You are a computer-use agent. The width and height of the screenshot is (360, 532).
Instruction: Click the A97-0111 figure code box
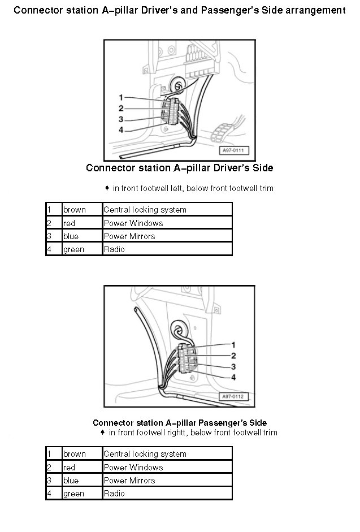233,151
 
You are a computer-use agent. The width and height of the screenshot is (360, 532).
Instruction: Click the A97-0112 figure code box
232,396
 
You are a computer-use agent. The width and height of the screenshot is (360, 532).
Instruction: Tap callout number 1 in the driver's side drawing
121,97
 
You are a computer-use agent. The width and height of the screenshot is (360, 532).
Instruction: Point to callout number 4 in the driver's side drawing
121,130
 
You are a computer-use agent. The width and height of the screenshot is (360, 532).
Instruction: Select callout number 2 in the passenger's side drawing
233,356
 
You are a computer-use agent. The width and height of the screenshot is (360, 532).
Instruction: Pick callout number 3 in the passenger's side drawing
233,366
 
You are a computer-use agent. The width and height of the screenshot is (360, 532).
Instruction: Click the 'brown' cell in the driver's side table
74,210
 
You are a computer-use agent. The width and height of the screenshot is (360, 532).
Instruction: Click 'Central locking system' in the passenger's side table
145,454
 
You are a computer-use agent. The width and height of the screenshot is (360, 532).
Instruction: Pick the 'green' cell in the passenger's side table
73,494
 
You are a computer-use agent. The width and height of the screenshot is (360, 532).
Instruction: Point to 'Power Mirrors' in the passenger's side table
129,481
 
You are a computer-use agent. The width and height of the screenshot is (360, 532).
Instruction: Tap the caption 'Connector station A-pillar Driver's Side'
180,168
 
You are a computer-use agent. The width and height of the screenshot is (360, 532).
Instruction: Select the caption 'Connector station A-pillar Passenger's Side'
180,422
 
